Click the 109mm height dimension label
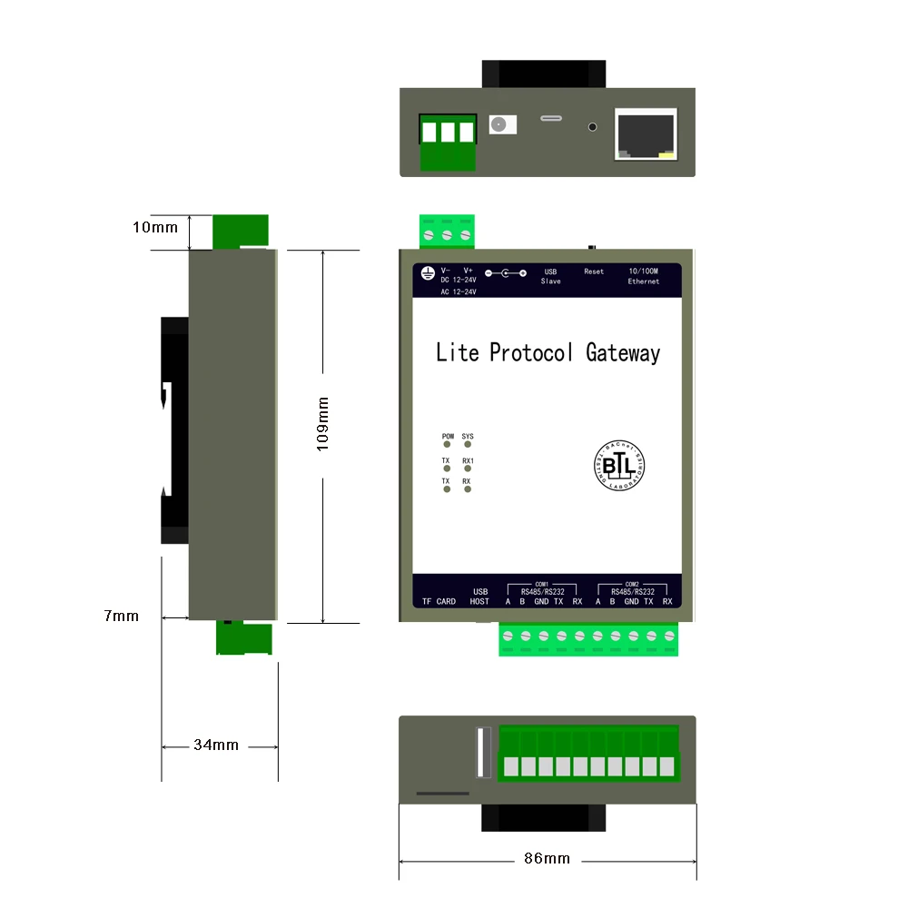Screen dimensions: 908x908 (323, 423)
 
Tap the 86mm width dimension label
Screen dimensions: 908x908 (548, 858)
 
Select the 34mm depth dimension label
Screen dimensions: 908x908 (216, 745)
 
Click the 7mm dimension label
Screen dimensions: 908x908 (122, 616)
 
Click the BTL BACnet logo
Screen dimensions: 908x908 (618, 466)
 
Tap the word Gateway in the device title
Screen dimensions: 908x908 (623, 352)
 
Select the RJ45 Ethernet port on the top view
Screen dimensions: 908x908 (646, 133)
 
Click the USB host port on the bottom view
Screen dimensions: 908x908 (483, 753)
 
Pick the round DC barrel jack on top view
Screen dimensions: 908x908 (498, 124)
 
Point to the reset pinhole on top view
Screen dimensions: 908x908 (594, 128)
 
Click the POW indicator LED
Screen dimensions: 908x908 (447, 446)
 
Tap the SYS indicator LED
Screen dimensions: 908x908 (468, 446)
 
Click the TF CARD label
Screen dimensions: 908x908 (439, 601)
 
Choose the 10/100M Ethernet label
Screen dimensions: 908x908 (643, 276)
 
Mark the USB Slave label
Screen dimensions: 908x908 (550, 276)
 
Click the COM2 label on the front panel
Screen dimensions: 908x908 (632, 585)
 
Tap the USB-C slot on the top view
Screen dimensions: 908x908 (551, 118)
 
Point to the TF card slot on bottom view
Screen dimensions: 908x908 (442, 793)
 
